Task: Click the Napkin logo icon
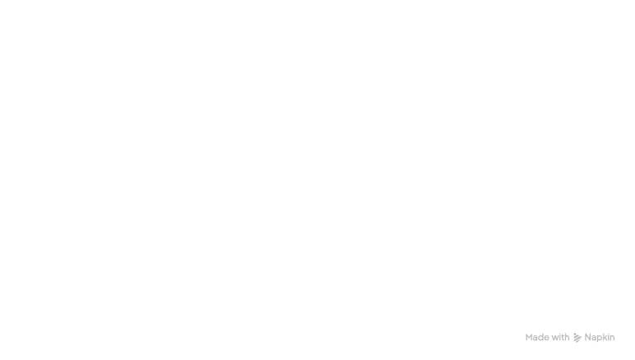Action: (577, 337)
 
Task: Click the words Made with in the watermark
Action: (547, 337)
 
